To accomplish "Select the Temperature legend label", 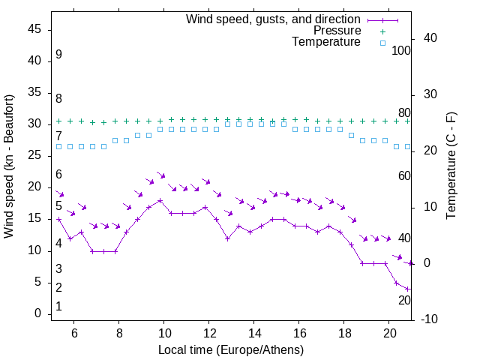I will point(326,43).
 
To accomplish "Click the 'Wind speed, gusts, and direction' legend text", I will point(274,19).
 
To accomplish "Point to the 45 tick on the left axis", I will point(34,29).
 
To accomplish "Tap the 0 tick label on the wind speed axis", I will point(37,314).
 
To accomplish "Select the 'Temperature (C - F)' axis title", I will point(451,166).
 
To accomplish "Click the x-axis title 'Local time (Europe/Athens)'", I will point(231,349).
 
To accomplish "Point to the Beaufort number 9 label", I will point(58,55).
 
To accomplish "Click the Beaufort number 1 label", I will point(58,306).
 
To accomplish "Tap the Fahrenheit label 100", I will point(402,50).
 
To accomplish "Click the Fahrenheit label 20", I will point(404,300).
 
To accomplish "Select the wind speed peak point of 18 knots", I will point(160,200).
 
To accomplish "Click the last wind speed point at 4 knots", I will point(408,289).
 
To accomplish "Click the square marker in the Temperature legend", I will point(382,43).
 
